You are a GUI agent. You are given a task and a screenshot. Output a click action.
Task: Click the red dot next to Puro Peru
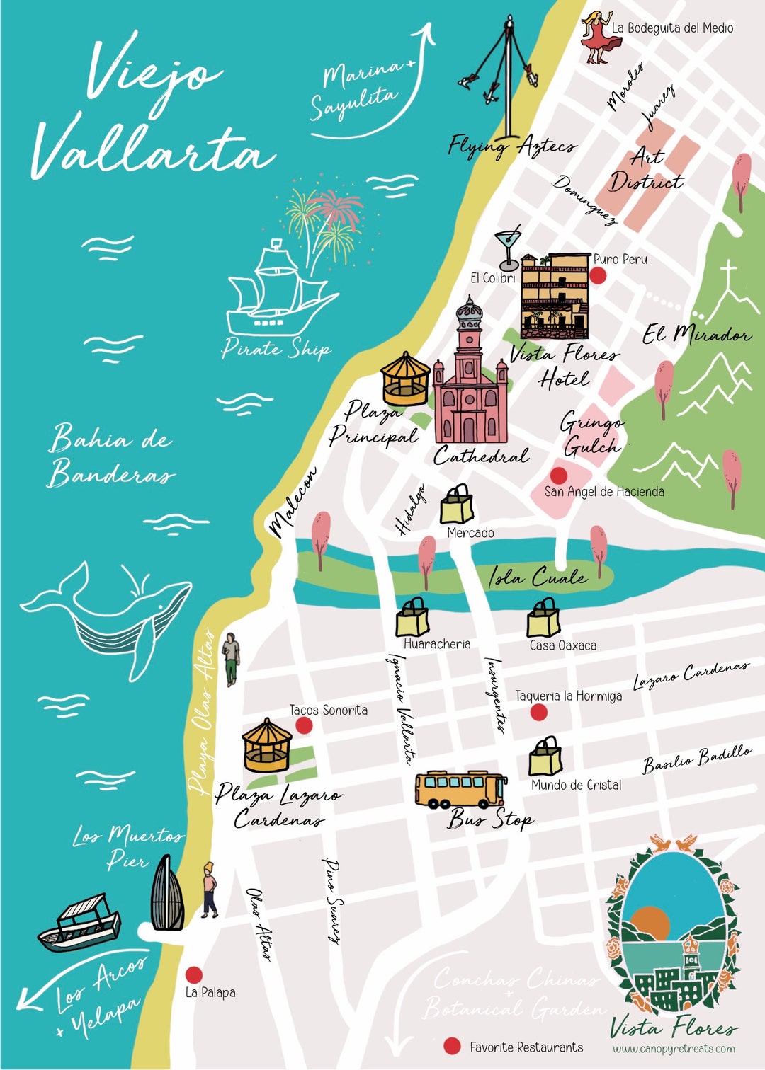coord(599,276)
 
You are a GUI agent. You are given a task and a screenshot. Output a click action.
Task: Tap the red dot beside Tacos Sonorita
coord(304,725)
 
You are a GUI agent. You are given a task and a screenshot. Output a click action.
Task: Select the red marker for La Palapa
coord(193,975)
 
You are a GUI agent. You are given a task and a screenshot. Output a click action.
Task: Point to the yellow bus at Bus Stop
coord(460,790)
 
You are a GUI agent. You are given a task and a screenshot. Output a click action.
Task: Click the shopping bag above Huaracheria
coord(412,618)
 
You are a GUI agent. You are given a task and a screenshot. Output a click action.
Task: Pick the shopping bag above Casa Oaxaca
coord(543,619)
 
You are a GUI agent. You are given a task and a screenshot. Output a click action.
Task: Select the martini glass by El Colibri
coord(509,248)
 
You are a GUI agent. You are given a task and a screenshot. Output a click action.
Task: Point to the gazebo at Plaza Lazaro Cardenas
coord(266,746)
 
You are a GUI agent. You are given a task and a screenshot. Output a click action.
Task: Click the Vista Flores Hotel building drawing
coord(555,296)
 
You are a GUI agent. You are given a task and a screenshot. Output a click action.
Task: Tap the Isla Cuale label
coord(538,577)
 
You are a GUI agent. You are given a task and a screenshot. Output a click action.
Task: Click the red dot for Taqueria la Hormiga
coord(539,712)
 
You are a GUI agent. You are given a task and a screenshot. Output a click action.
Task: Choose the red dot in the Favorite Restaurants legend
coord(452,1046)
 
